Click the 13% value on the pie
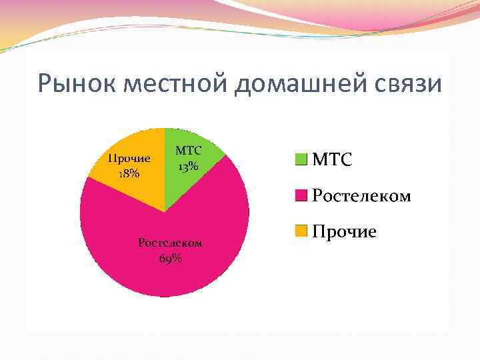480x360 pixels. point(188,166)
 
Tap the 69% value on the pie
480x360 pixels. point(171,259)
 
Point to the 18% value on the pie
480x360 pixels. point(129,173)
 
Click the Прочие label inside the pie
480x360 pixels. point(129,159)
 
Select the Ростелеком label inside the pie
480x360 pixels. point(170,243)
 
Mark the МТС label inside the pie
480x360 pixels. point(188,152)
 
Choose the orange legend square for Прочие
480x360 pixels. point(301,231)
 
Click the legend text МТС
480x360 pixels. point(333,160)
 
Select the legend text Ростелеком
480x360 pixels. point(361,196)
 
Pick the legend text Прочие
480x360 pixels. point(345,231)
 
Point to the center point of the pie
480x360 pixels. point(165,212)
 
